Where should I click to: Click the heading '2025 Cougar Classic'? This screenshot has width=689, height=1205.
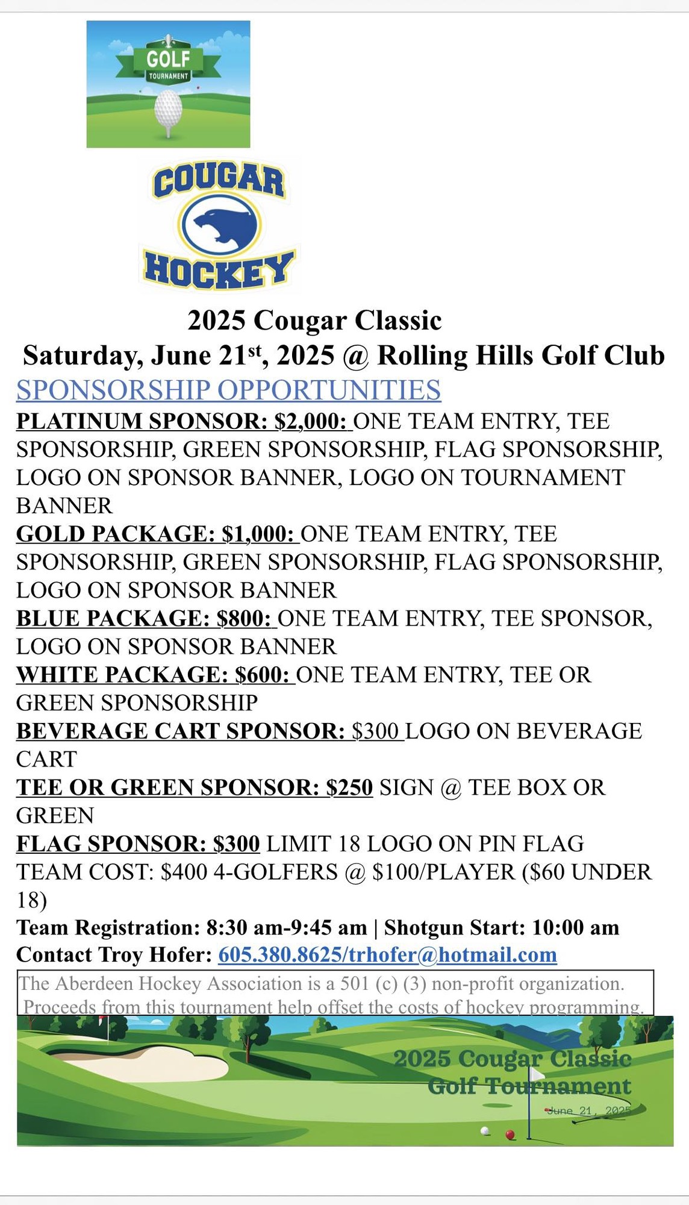(314, 321)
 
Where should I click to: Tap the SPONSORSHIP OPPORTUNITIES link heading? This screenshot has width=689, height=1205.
(228, 390)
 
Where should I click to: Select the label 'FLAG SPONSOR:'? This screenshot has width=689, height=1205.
(111, 843)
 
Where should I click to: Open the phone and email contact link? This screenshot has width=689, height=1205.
(387, 955)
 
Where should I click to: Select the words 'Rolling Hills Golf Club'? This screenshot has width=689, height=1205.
(521, 355)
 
